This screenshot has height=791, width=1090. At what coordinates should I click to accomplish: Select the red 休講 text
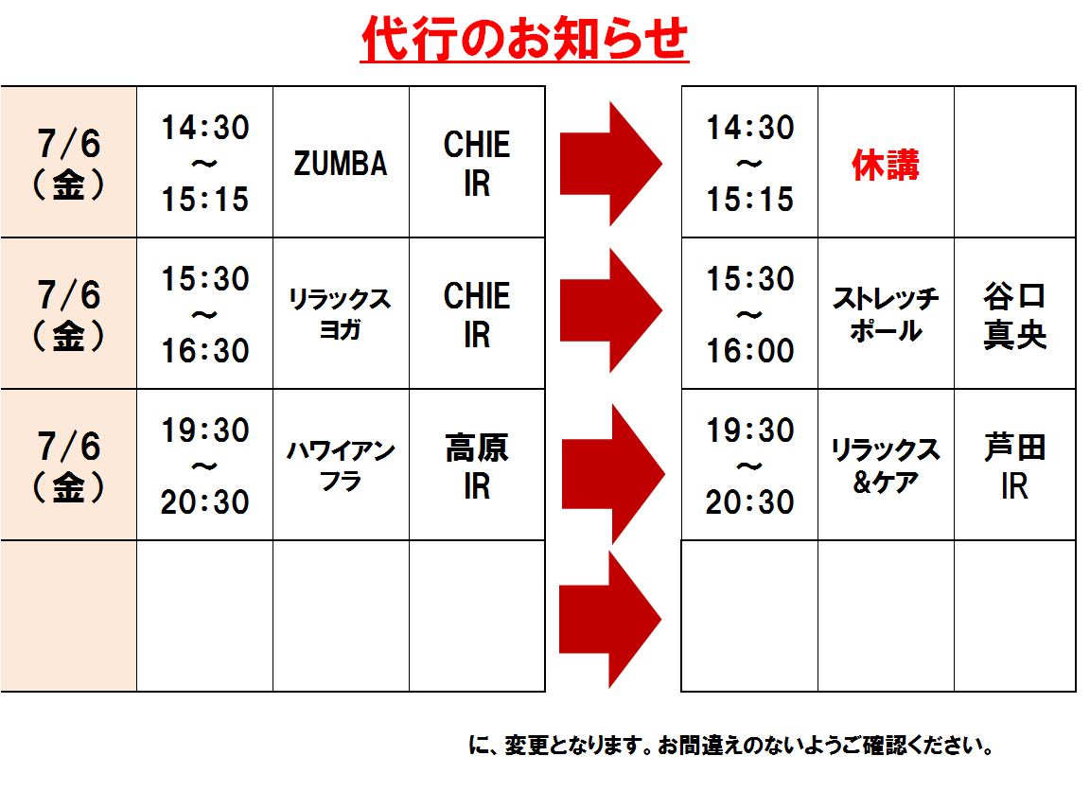(x=886, y=166)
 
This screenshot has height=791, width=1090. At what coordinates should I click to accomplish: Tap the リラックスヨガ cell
(x=341, y=313)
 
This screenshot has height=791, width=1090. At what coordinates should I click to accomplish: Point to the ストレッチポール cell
(x=886, y=314)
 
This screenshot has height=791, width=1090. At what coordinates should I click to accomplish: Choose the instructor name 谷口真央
(x=1015, y=315)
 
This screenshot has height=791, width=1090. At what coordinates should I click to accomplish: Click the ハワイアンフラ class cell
(x=341, y=465)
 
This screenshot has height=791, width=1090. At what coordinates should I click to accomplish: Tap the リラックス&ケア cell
(x=886, y=466)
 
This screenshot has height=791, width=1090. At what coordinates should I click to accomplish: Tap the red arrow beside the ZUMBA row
(x=611, y=164)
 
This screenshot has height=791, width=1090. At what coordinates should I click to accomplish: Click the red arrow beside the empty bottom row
(x=610, y=620)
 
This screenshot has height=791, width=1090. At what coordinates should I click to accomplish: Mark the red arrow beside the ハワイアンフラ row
(x=613, y=474)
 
